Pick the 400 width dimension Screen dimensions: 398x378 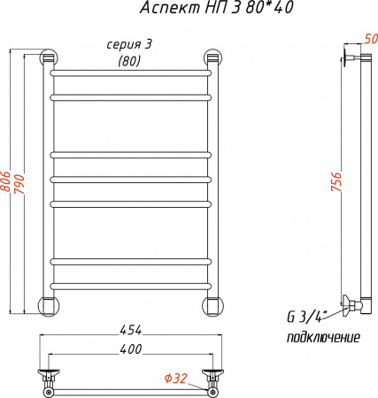130,351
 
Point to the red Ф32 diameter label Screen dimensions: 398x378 175,379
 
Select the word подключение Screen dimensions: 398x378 323,338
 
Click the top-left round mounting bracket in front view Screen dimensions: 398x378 48,58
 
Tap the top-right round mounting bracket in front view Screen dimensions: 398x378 212,58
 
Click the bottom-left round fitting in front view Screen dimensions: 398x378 48,306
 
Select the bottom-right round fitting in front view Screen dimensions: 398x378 212,306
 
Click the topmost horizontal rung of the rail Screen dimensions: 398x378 130,70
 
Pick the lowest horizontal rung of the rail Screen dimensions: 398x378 130,284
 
